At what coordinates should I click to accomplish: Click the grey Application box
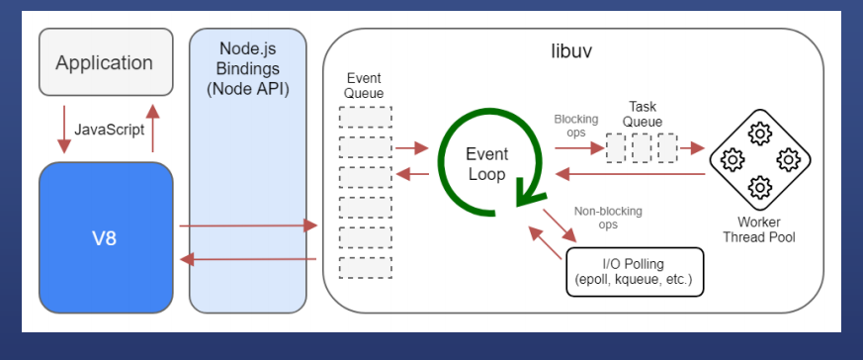pyautogui.click(x=106, y=62)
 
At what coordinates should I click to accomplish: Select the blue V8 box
pyautogui.click(x=106, y=237)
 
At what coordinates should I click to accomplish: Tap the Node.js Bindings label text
pyautogui.click(x=248, y=69)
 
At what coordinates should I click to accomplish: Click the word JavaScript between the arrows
pyautogui.click(x=109, y=130)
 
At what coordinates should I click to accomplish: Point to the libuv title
pyautogui.click(x=572, y=50)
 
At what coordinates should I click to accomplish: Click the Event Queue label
pyautogui.click(x=364, y=85)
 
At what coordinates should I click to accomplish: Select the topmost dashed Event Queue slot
pyautogui.click(x=366, y=118)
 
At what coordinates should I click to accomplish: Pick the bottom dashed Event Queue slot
pyautogui.click(x=366, y=267)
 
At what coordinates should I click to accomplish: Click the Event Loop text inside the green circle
pyautogui.click(x=486, y=164)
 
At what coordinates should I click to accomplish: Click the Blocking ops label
pyautogui.click(x=575, y=126)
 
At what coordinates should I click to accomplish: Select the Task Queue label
pyautogui.click(x=643, y=114)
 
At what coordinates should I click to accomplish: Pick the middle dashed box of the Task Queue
pyautogui.click(x=642, y=147)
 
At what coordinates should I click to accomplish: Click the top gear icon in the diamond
pyautogui.click(x=760, y=134)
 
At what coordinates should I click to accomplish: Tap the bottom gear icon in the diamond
pyautogui.click(x=760, y=187)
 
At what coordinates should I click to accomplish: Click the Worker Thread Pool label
pyautogui.click(x=759, y=230)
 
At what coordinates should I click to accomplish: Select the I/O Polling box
pyautogui.click(x=636, y=272)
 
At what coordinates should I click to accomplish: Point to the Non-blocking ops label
pyautogui.click(x=608, y=218)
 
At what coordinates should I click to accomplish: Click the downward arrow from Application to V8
pyautogui.click(x=64, y=130)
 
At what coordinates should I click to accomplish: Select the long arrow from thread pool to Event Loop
pyautogui.click(x=631, y=174)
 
